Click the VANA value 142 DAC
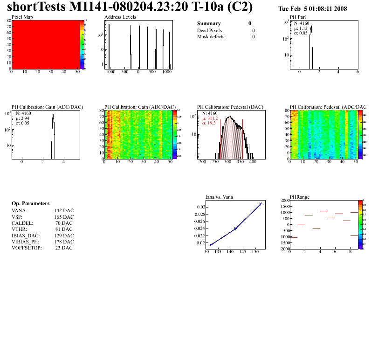pos(64,211)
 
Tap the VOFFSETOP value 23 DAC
pos(64,248)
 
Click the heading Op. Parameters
pos(30,204)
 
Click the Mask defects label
pos(211,36)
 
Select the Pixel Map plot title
pos(22,17)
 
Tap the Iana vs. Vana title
pos(220,197)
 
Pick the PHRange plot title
pos(300,197)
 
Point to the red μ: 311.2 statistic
pos(210,118)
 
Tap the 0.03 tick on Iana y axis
pos(200,207)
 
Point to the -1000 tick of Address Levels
pos(110,72)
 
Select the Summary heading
pos(209,23)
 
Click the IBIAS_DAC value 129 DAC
pos(64,235)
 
